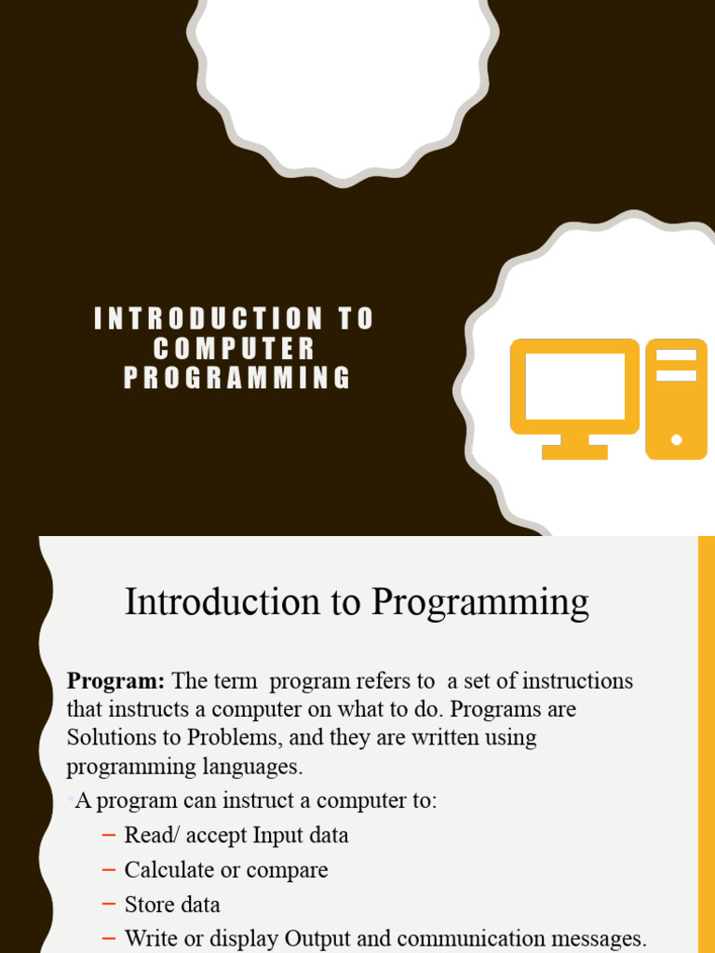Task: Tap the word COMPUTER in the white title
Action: tap(235, 349)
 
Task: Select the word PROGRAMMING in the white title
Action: tap(237, 379)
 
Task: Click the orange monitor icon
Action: tap(574, 386)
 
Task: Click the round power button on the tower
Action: tap(677, 439)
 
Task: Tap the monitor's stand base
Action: tap(574, 452)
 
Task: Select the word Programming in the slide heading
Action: tap(480, 603)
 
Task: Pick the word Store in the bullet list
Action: tap(146, 905)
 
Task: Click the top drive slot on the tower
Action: tap(677, 355)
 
